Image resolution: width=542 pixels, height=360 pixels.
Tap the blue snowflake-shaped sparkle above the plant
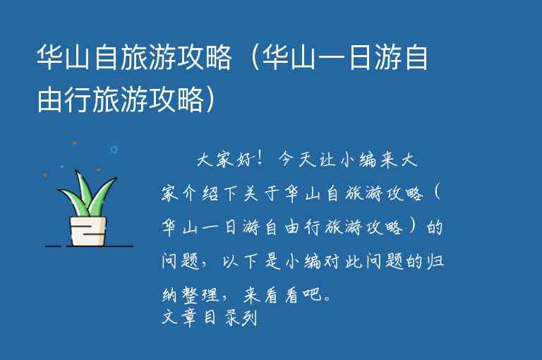coord(113,150)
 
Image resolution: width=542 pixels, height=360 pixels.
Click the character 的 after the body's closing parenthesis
coord(435,228)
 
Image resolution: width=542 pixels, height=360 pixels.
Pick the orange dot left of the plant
coord(45,174)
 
